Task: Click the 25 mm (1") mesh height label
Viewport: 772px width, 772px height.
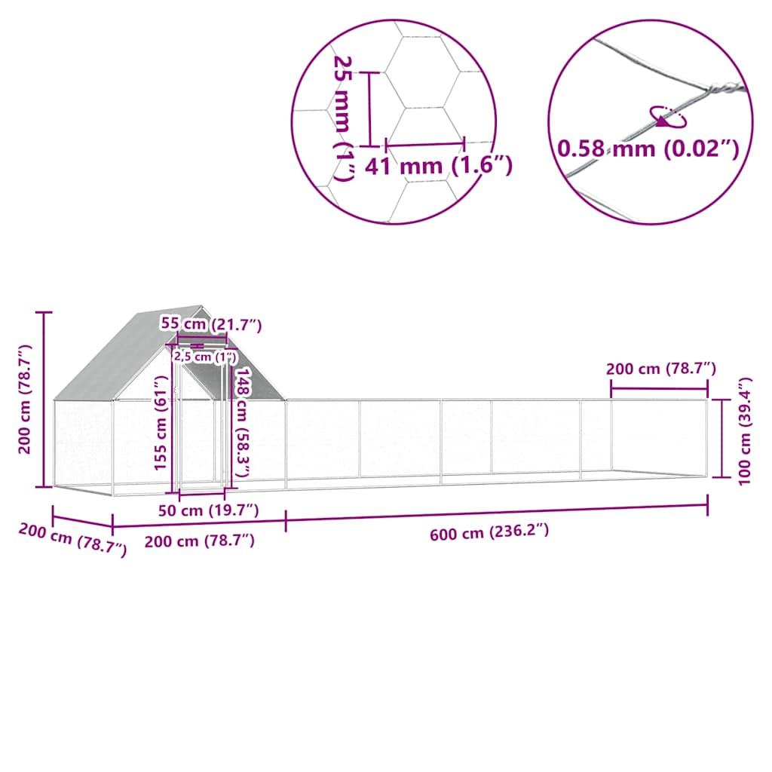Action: pos(342,117)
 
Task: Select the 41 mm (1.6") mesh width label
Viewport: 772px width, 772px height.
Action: pos(438,166)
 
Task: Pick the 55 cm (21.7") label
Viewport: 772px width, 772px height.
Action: pos(212,324)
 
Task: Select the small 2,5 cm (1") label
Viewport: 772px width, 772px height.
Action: pos(205,357)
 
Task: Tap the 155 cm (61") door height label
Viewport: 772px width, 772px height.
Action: pos(160,433)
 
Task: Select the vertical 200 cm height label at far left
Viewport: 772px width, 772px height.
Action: pos(25,399)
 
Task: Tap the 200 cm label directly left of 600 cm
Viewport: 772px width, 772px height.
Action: pos(199,541)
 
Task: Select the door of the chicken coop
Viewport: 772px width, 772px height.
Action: pos(201,441)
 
